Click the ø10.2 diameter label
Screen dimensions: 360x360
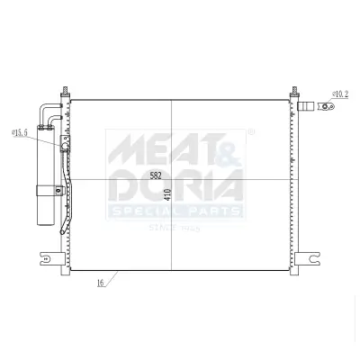pyautogui.click(x=340, y=92)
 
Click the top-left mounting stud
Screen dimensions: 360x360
pyautogui.click(x=66, y=92)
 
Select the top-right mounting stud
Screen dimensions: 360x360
pyautogui.click(x=293, y=92)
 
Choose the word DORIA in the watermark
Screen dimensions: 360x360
pyautogui.click(x=175, y=187)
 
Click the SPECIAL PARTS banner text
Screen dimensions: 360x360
pyautogui.click(x=175, y=211)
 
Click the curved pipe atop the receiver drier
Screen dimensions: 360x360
pyautogui.click(x=49, y=110)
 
